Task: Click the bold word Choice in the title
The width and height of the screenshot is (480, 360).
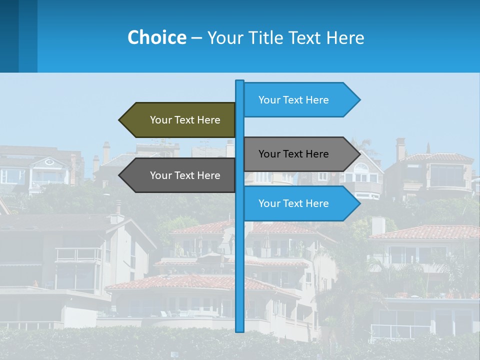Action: pos(156,37)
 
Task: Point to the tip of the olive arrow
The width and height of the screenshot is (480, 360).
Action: pos(120,120)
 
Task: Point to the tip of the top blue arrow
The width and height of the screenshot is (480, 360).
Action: pos(359,100)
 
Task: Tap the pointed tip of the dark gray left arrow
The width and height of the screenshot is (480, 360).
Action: pos(120,175)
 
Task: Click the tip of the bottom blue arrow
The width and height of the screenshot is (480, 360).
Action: pos(359,203)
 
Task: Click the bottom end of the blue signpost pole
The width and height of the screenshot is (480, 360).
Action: pos(240,330)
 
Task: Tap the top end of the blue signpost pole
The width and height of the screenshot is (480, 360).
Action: pos(240,81)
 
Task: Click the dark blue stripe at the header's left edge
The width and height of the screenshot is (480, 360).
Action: pos(9,36)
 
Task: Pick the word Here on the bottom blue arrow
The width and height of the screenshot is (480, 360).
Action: pos(317,203)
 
